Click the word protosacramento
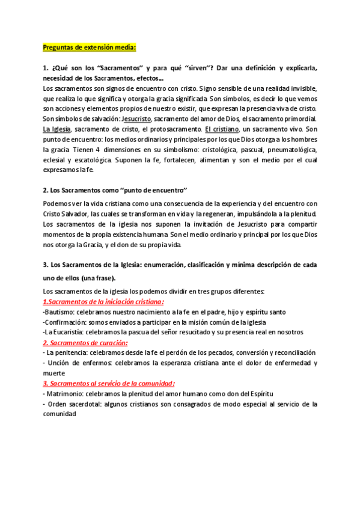(169, 129)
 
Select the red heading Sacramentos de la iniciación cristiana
(103, 302)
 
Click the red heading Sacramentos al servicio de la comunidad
(108, 383)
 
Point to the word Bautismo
(61, 312)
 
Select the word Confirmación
(67, 322)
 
